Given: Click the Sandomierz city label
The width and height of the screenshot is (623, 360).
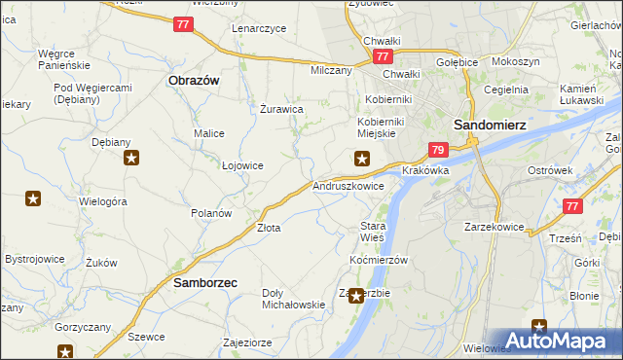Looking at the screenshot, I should pos(491,125).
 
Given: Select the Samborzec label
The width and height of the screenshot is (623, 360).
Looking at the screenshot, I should pos(206,282).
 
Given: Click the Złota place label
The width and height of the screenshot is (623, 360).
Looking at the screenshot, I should pos(269,228).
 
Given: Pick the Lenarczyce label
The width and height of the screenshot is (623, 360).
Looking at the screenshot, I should pos(259,28).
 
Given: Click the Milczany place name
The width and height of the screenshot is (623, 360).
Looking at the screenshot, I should pos(331,71).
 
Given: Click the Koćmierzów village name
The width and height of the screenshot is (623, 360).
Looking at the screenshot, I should pos(378,261).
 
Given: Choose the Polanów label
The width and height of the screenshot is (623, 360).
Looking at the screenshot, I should pos(211,213).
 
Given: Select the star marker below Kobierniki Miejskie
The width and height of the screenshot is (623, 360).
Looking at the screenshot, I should pos(362,160).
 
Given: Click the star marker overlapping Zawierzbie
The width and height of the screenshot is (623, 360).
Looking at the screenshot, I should pos(356,296).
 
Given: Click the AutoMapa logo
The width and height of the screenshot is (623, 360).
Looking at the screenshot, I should pos(559,341).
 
